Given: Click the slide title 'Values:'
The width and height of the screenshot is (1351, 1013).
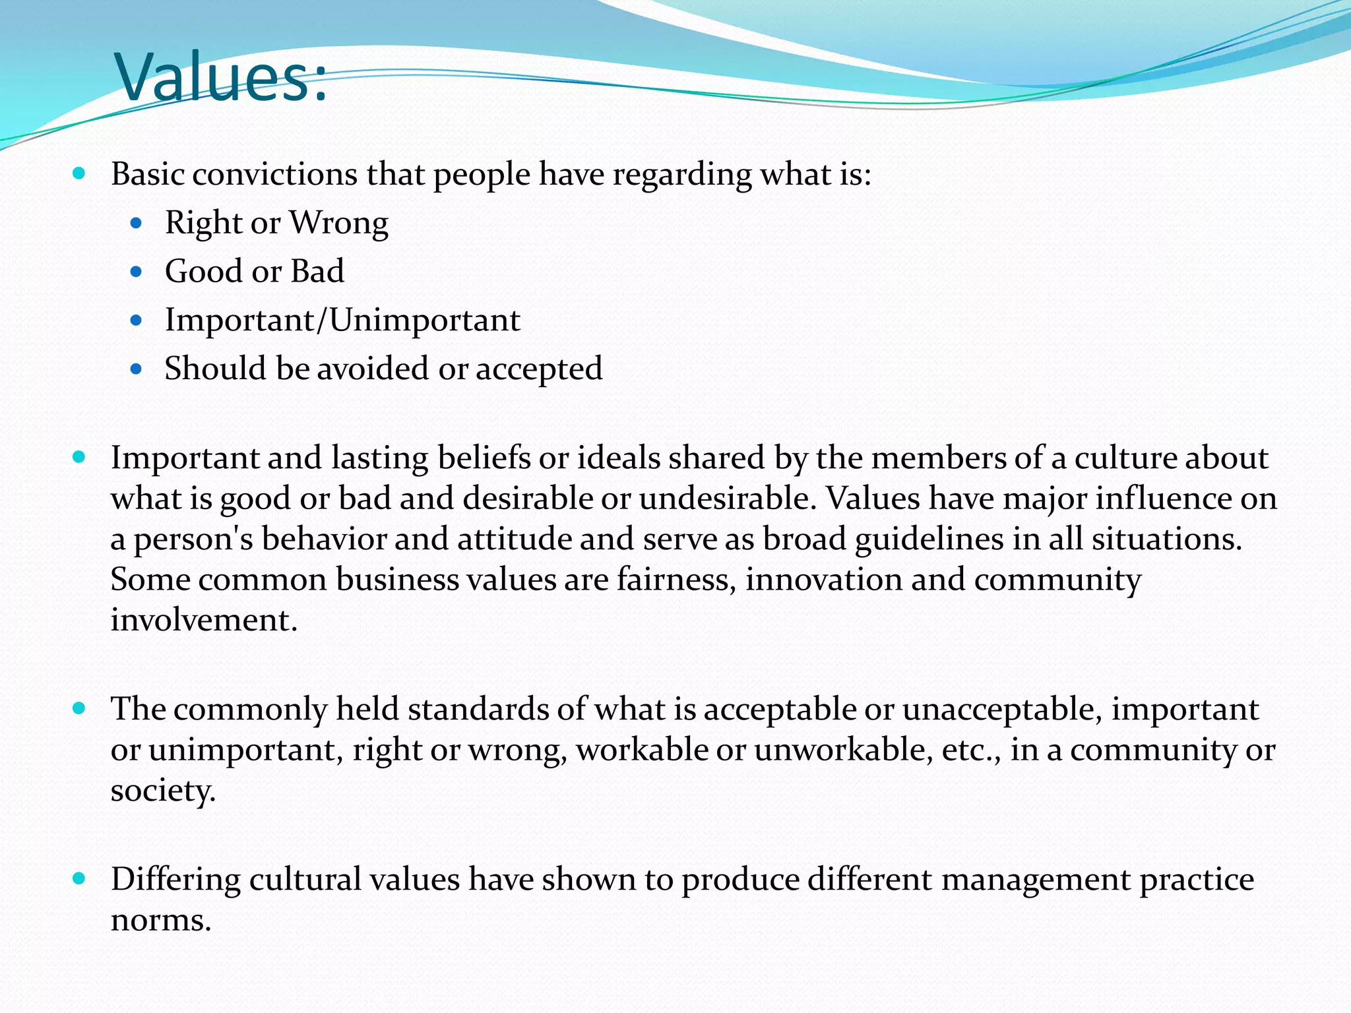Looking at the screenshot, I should point(221,77).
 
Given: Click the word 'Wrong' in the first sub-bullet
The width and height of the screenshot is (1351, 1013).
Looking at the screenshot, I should point(339,223).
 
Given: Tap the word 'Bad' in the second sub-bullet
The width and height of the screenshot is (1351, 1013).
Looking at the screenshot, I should point(317,271).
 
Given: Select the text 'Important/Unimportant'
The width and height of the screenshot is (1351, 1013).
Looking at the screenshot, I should point(342,320).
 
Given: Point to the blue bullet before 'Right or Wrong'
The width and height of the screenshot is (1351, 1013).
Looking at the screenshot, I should point(137,224).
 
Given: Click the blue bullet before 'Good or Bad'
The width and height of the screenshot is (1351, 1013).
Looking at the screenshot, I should point(137,272).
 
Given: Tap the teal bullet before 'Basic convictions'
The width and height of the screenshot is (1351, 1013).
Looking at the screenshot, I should point(79,174).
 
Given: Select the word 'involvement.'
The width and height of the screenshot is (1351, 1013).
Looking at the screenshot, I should point(204,620).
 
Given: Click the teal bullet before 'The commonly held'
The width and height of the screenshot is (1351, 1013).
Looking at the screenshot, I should point(79,709).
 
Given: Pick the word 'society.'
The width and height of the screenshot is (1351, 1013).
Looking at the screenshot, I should point(163,791).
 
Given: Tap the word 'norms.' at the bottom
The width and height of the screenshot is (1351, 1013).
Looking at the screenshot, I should point(161,920).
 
